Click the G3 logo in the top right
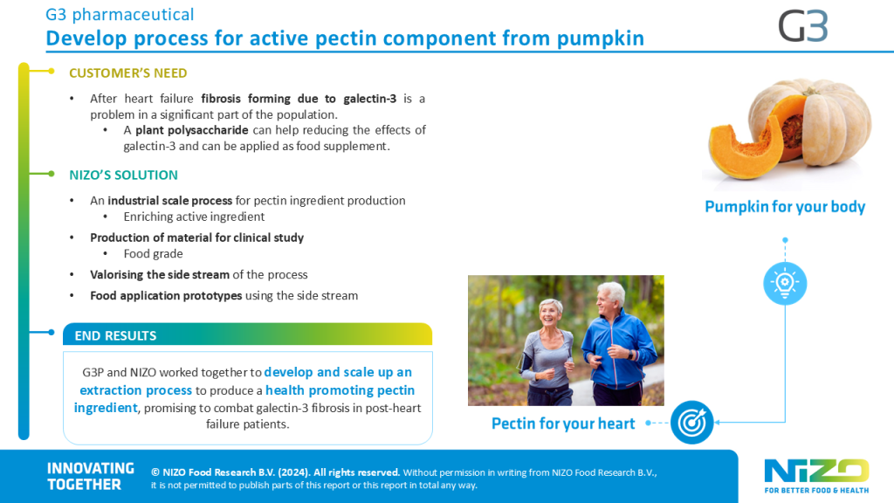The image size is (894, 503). tap(803, 27)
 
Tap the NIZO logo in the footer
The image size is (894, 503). tap(816, 476)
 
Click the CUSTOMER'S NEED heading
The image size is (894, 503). tap(127, 73)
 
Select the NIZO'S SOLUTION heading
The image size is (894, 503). tap(123, 175)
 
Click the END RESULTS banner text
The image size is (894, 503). tap(115, 336)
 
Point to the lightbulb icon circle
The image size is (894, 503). tap(785, 283)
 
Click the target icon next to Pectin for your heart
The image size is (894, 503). tap(691, 423)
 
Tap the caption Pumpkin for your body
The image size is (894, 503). tap(785, 206)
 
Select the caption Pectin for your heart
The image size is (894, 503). tap(563, 424)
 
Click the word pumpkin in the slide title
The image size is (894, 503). tap(601, 38)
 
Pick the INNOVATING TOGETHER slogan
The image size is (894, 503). tap(91, 476)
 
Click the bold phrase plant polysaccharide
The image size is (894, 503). tap(191, 130)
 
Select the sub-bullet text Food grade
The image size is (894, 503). tap(154, 254)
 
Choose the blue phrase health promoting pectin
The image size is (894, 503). tap(340, 390)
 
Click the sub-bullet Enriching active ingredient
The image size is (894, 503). tap(194, 217)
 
